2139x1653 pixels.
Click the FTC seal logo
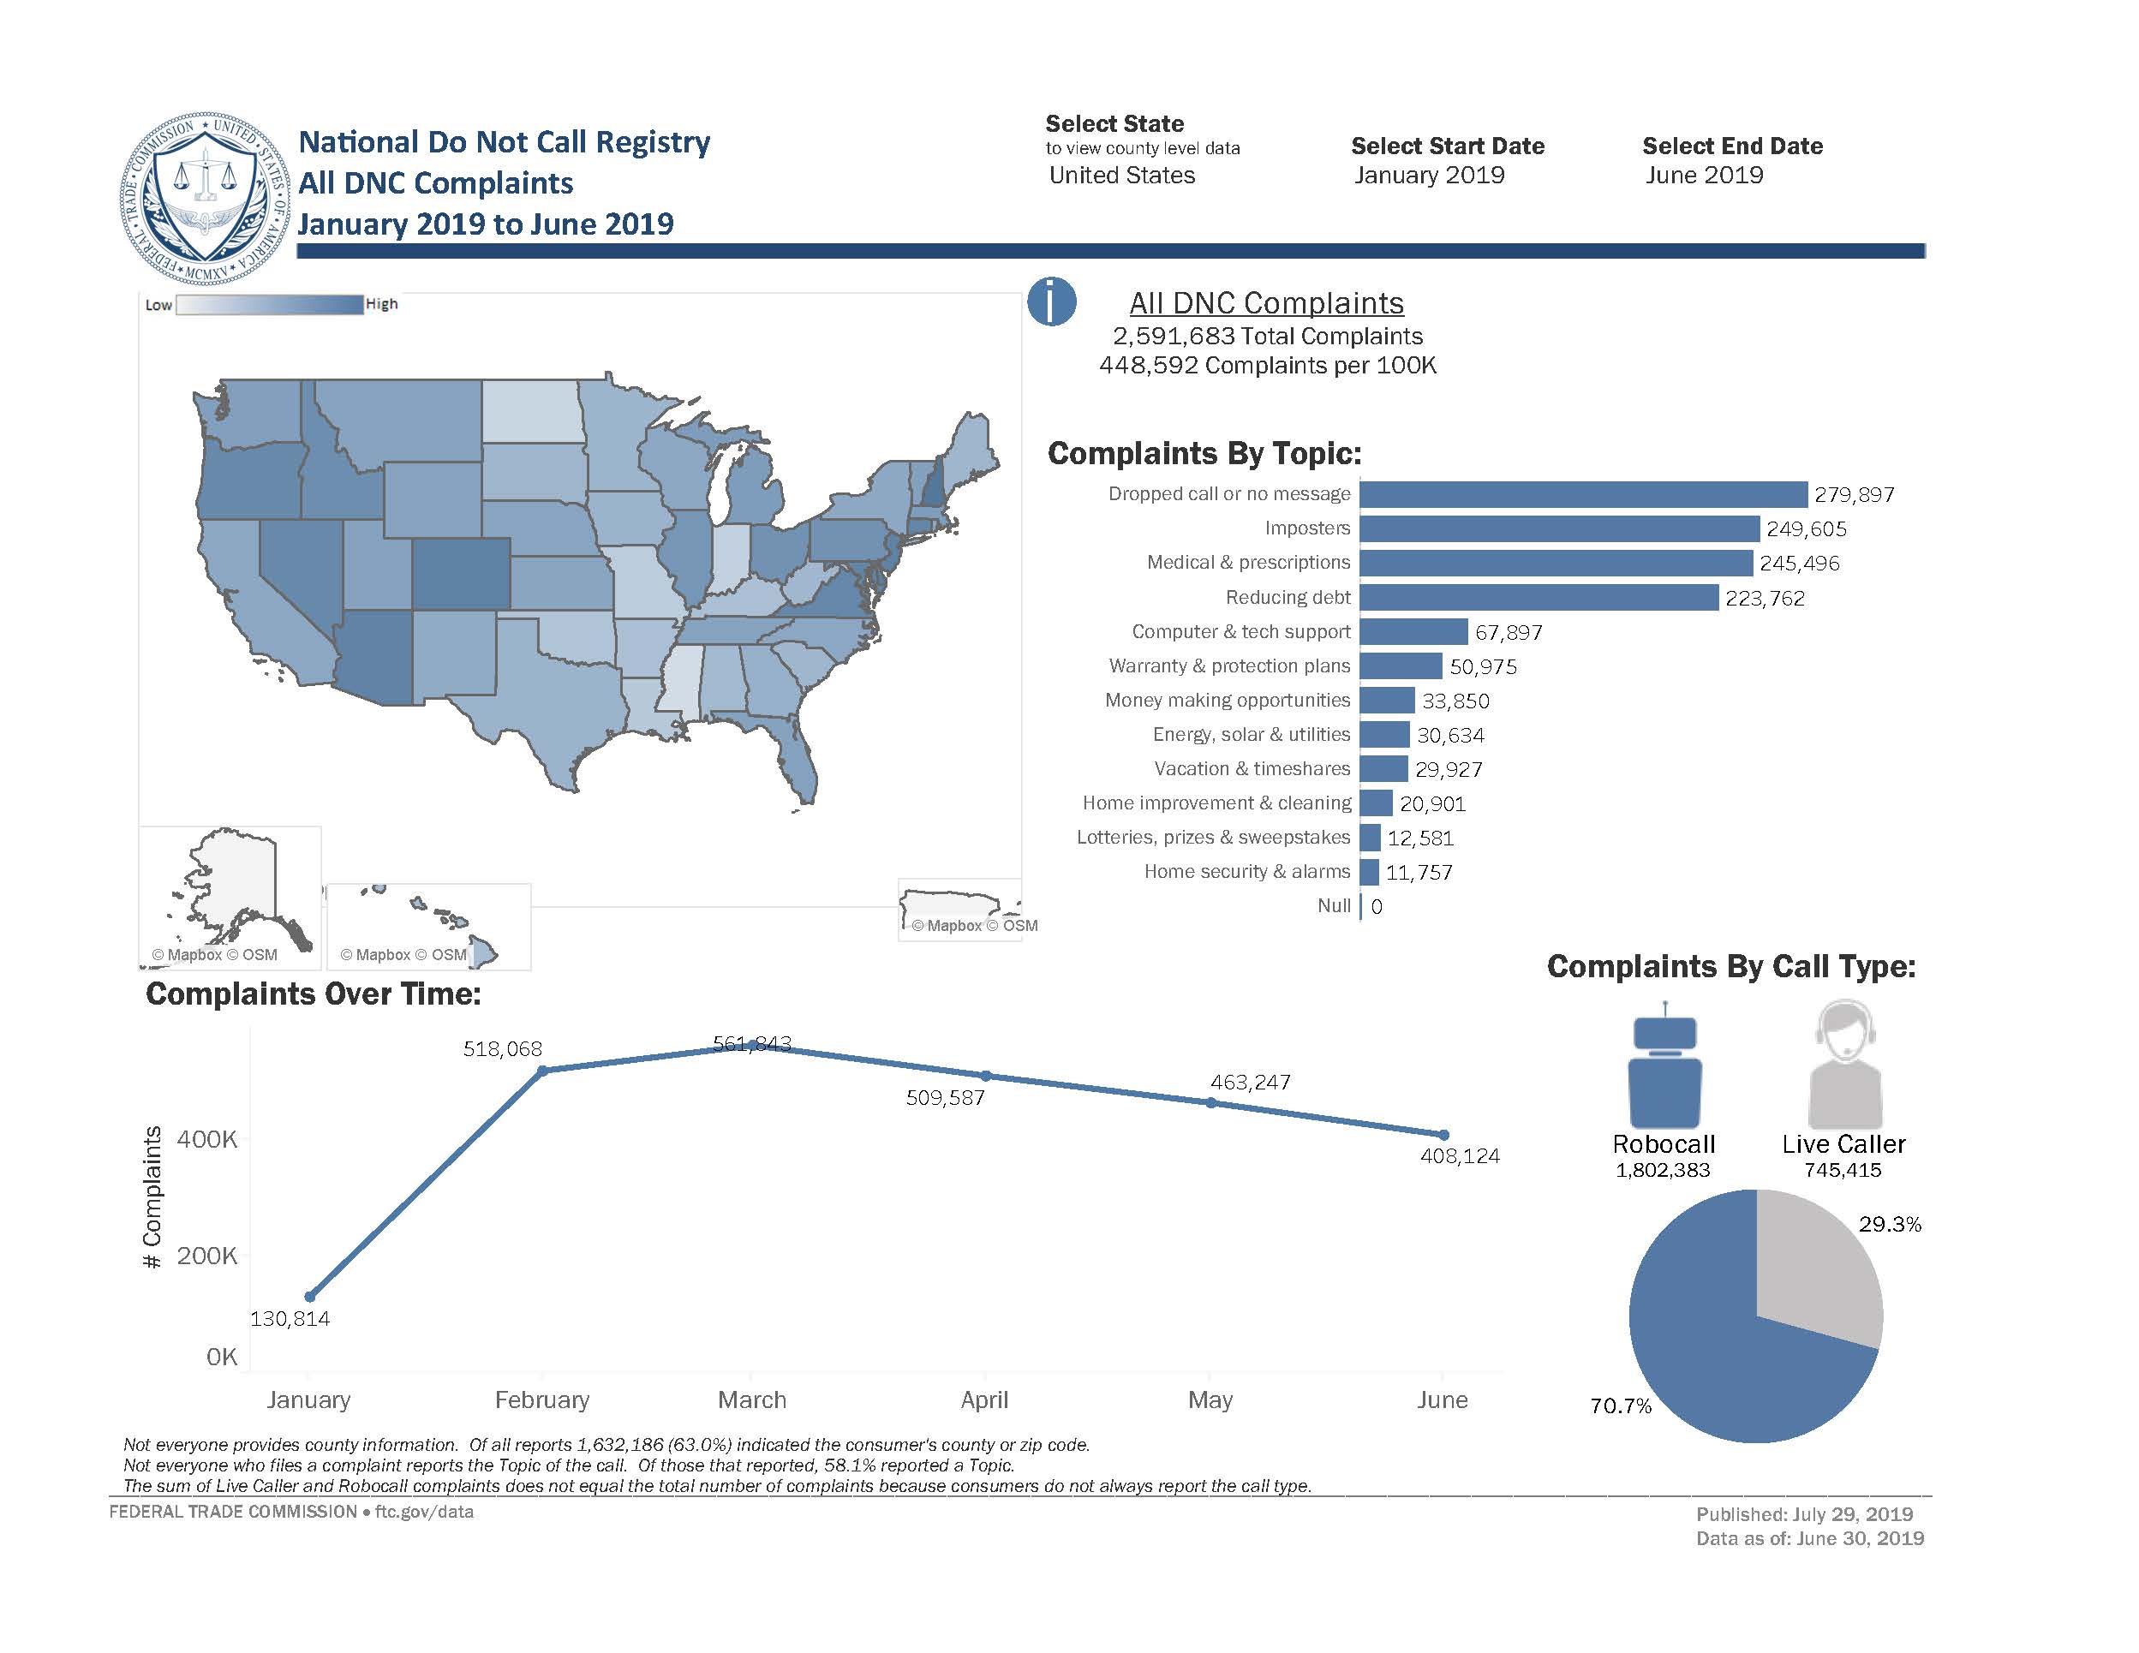point(206,198)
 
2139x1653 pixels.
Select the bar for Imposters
point(1559,528)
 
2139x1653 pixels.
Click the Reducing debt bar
point(1539,597)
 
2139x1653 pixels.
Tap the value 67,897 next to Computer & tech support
point(1509,633)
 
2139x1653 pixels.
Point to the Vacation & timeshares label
point(1252,769)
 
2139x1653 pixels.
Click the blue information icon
point(1052,301)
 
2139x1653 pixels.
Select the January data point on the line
point(309,1297)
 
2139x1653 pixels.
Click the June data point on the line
point(1444,1135)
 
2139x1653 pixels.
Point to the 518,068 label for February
point(503,1049)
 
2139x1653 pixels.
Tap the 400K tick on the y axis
point(206,1139)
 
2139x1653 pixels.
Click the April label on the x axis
point(984,1399)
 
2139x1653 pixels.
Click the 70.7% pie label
point(1621,1406)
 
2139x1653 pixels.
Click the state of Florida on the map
point(798,759)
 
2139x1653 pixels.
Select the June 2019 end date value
point(1704,176)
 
